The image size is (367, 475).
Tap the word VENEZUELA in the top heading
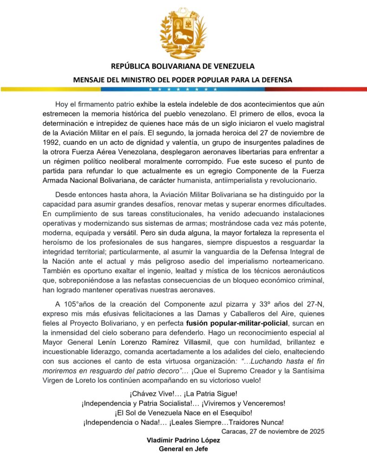click(231, 66)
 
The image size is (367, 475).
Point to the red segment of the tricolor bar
click(325, 89)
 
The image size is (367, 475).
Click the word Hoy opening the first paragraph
click(62, 103)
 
